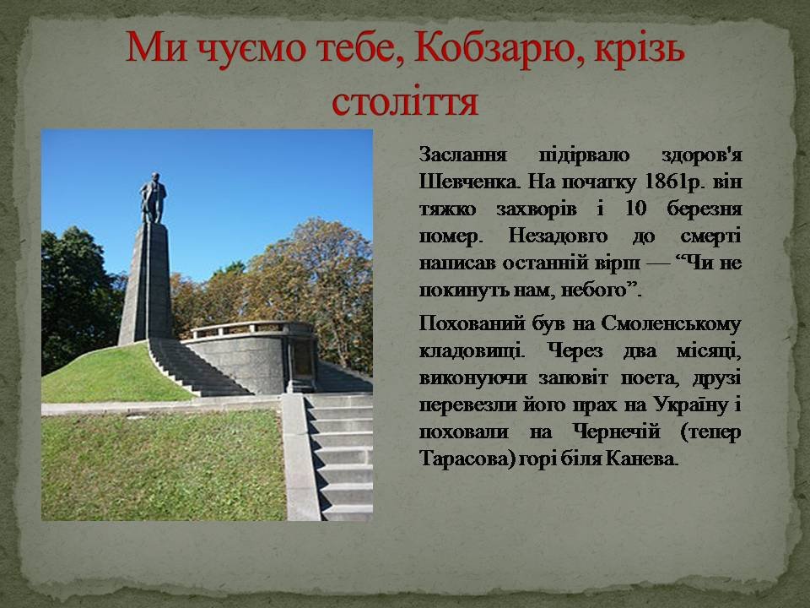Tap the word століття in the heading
(405, 101)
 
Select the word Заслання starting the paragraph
(462, 155)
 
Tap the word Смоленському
(671, 324)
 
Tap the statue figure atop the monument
(153, 198)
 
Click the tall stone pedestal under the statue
(146, 284)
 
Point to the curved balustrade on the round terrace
(248, 328)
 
